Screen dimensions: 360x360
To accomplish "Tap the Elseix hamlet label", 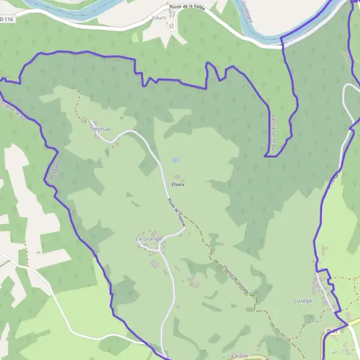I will coord(178,184).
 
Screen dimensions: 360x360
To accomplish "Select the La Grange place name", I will coord(149,239).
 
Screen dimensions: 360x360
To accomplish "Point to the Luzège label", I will coord(304,300).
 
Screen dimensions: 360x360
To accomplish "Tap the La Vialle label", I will coord(238,356).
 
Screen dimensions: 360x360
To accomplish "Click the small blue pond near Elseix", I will coord(175,160).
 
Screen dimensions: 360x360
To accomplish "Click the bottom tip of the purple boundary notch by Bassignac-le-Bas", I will coord(266,156).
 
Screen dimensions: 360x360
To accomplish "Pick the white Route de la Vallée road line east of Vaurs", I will coord(216,24).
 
